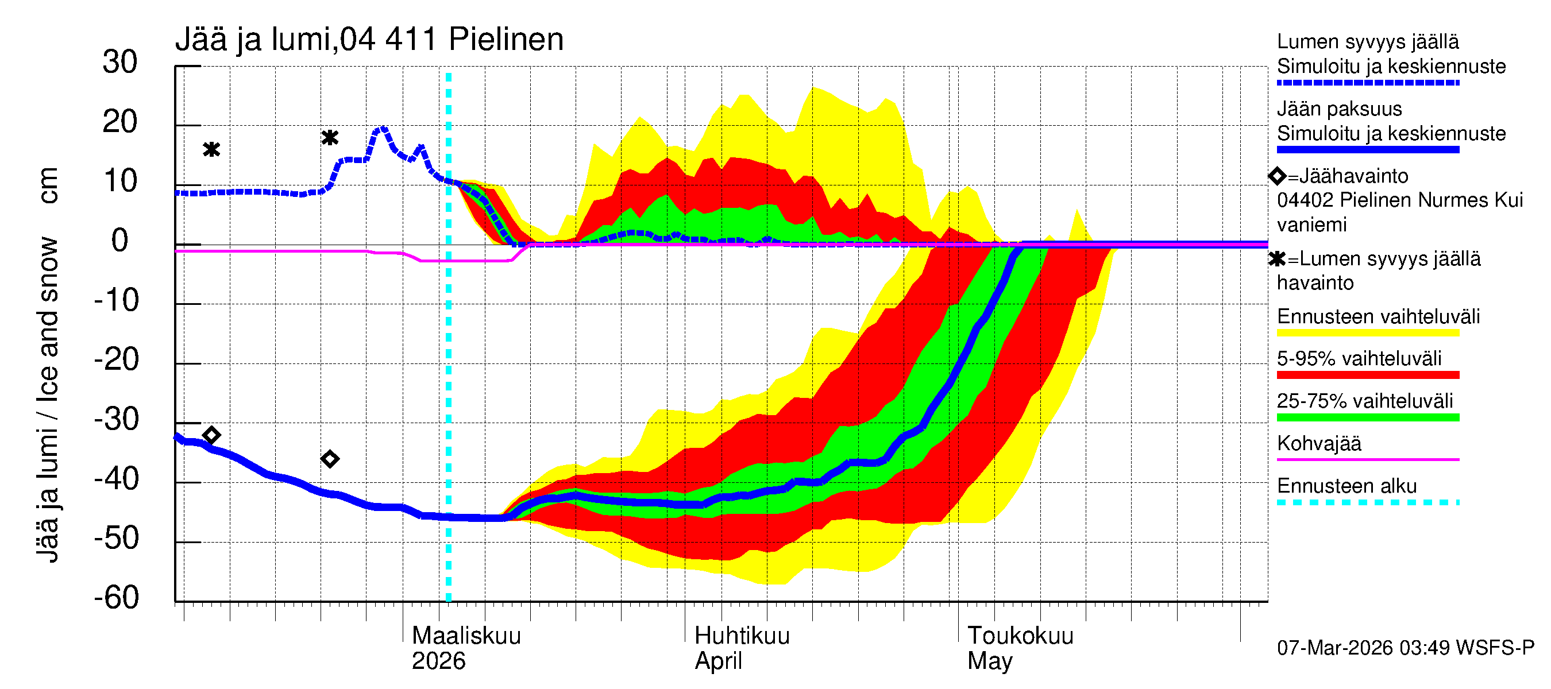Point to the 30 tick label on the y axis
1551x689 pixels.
point(120,62)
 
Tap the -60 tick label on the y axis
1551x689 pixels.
point(117,598)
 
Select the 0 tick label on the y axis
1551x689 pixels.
point(120,241)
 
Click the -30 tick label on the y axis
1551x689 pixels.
point(117,419)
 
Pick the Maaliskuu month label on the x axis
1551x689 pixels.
point(466,636)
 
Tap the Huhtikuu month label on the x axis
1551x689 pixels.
point(742,636)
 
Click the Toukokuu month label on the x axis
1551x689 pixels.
point(1020,636)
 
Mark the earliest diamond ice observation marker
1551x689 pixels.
point(211,435)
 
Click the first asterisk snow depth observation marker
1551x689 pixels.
point(211,149)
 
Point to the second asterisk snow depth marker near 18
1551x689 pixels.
point(329,138)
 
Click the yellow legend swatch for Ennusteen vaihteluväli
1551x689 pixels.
point(1367,334)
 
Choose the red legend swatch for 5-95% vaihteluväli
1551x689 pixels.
point(1367,376)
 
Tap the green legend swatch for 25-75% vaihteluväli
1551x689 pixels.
point(1367,417)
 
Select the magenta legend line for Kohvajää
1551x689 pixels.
point(1367,460)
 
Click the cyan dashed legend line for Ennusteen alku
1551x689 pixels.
point(1367,502)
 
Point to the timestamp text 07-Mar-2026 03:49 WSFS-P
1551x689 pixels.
point(1405,648)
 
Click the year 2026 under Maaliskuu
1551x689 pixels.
point(438,661)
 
